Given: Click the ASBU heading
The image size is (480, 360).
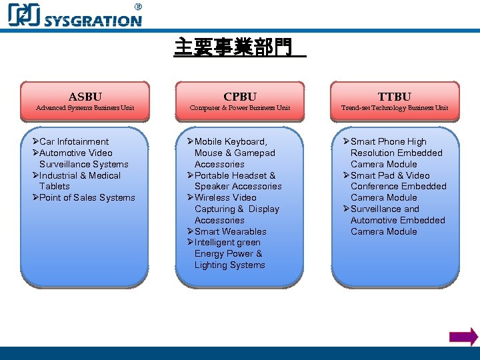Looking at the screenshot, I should pos(85,97).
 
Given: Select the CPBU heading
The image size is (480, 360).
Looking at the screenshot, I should pos(239,97).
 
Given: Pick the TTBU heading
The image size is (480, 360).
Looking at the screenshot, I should pos(395,97).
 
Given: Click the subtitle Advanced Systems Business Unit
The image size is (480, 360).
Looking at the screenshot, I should pos(85,108).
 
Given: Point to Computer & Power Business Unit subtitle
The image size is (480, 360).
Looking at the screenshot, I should pos(239,108).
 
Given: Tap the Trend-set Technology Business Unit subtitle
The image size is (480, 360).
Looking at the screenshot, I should pos(395,108).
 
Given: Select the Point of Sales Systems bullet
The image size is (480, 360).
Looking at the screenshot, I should pos(87,197).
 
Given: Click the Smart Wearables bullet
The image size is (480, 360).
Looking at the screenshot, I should pos(230,231).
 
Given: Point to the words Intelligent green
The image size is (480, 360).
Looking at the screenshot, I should pos(227,243).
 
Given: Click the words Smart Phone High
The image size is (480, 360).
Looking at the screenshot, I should pos(388,141).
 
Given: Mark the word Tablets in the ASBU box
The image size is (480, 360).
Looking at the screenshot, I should pos(54,186).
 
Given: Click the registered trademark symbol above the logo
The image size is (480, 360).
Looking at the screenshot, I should pos(138,7).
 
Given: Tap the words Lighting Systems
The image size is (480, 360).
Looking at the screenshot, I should pos(229,265).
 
